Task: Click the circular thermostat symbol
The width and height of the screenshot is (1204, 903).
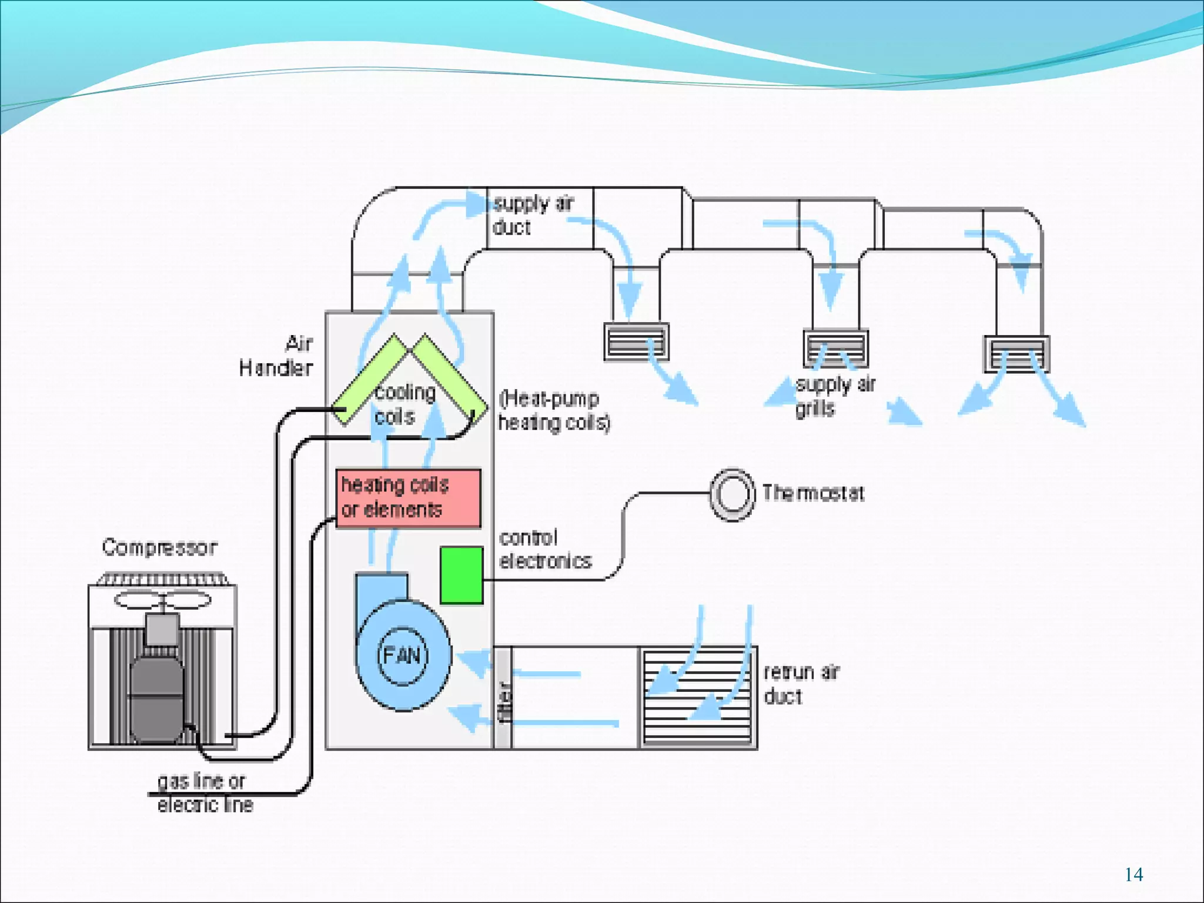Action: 732,494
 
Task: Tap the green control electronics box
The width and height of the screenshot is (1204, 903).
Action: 461,575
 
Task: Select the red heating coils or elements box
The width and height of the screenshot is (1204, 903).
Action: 408,498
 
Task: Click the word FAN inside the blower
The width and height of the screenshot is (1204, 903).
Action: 402,655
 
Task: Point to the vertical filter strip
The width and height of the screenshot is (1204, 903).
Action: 503,697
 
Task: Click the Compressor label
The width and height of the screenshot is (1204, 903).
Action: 159,547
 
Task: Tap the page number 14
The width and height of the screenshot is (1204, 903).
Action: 1133,875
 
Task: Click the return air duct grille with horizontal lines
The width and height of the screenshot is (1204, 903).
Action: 697,697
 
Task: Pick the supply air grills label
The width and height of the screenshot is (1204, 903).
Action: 835,396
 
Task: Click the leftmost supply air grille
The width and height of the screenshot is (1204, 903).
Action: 636,342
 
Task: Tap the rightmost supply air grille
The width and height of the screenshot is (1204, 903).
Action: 1016,354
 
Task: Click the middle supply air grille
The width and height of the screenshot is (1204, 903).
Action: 835,348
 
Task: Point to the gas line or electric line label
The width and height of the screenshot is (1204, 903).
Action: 204,792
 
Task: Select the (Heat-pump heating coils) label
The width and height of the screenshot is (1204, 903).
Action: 554,410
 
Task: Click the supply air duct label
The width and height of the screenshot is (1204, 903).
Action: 532,215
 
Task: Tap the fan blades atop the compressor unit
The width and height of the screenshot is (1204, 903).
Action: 162,600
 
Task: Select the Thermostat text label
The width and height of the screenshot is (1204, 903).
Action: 813,493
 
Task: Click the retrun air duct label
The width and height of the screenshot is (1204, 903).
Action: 801,684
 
